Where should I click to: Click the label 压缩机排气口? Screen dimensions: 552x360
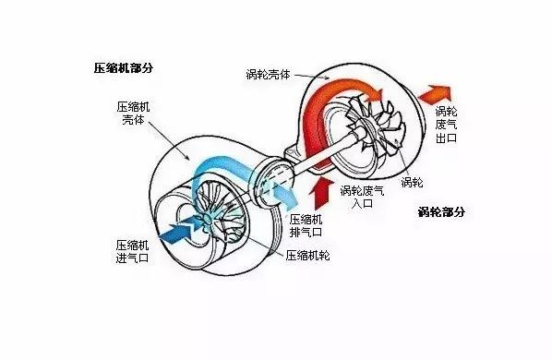306,225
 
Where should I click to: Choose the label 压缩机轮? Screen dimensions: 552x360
311,255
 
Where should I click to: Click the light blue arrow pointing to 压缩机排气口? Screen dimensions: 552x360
277,194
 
